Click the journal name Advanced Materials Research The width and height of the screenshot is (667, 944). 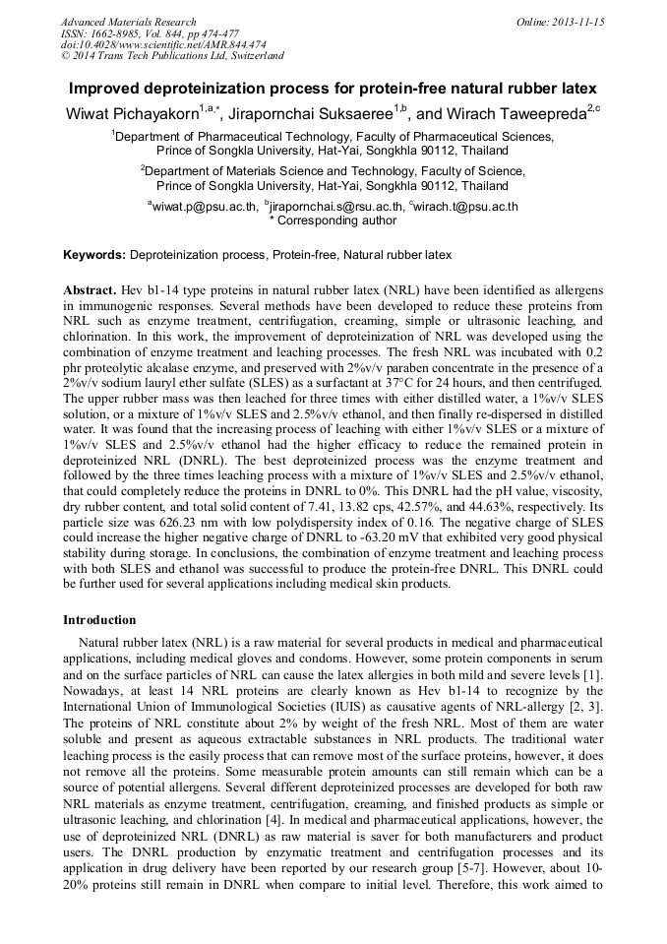point(128,22)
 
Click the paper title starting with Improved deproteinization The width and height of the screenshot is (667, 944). point(333,88)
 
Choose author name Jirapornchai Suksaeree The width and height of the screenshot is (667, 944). point(317,114)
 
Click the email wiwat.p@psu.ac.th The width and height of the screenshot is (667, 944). point(204,207)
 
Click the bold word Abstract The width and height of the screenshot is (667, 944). point(90,293)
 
